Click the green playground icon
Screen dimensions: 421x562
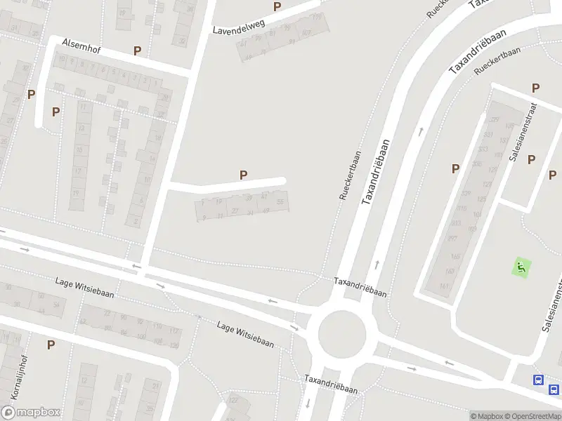521,267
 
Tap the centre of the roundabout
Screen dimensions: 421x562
342,334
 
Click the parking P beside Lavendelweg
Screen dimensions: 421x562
277,7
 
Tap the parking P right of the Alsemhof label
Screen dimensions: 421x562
137,51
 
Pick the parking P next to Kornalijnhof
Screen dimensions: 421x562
51,345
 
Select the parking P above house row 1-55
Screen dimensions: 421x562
244,175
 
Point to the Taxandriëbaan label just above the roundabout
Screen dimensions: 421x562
360,288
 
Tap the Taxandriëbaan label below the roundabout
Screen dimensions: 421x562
331,385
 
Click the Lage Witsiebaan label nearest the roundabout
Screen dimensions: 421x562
245,334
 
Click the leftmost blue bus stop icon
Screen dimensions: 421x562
538,380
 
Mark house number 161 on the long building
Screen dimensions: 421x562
444,286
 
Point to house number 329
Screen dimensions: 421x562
493,121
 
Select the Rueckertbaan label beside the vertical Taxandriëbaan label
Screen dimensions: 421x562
349,175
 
